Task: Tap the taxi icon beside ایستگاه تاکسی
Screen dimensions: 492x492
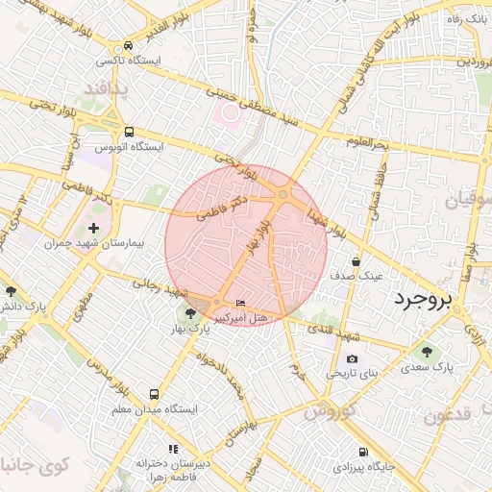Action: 128,46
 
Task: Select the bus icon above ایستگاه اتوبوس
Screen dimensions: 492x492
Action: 129,133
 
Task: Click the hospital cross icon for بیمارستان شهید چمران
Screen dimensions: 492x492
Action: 93,228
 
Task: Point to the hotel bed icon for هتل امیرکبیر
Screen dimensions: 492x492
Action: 240,304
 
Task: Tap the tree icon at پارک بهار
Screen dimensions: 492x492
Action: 190,313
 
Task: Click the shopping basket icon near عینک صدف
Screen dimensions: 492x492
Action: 357,260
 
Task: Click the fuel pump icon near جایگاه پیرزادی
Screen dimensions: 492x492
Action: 361,453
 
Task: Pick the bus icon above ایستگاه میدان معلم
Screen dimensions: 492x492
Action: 154,394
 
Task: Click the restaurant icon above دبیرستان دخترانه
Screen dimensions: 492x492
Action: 173,448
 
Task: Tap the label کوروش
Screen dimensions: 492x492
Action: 331,410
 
